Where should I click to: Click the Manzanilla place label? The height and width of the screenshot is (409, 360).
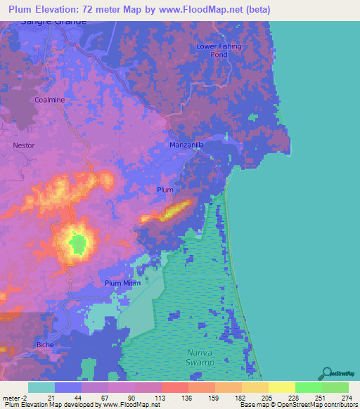186,145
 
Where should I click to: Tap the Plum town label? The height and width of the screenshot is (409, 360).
165,190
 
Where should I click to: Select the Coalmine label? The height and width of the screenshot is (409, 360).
49,100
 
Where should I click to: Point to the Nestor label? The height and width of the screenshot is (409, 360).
23,145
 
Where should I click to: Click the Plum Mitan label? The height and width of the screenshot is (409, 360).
122,283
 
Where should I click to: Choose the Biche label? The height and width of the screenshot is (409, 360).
44,344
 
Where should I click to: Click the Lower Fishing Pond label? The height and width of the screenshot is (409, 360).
219,50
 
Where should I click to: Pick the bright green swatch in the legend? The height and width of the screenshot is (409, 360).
309,387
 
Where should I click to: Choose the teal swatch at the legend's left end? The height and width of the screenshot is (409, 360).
41,387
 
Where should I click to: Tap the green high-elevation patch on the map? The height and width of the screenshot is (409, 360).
78,243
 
